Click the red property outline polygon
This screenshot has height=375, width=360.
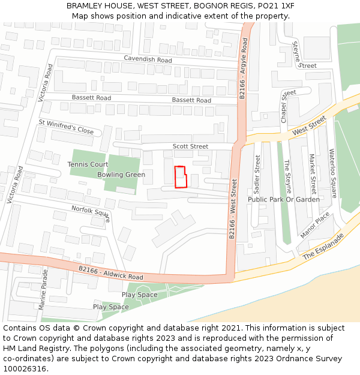[180, 177]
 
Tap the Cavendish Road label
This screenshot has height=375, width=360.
[148, 59]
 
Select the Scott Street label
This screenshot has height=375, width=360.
[190, 146]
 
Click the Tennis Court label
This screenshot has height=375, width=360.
[88, 164]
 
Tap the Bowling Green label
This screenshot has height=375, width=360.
[121, 175]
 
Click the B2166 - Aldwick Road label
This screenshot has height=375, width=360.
[110, 273]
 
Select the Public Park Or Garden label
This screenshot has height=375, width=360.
[283, 199]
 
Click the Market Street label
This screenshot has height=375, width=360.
[312, 172]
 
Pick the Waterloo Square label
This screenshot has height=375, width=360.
[332, 173]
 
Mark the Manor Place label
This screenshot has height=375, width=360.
[314, 224]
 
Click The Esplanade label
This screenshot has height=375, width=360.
[323, 247]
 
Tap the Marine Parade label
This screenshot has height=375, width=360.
[43, 289]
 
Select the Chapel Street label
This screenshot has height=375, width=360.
[285, 106]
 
